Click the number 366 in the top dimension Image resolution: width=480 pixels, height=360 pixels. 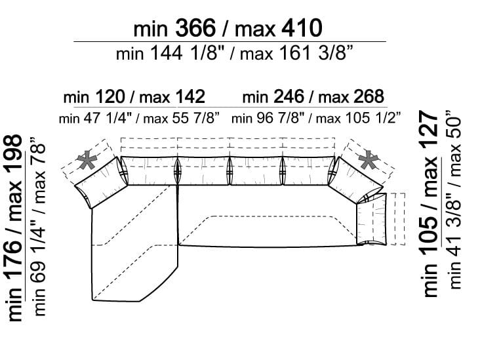pos(195,28)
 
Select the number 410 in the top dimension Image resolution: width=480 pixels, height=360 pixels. pos(302,28)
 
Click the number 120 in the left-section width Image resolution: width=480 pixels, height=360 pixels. pos(110,97)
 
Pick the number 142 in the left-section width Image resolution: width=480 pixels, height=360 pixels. pos(190,97)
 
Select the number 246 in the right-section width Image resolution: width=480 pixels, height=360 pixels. pos(289,97)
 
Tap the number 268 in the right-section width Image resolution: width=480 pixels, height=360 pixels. pos(369,97)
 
